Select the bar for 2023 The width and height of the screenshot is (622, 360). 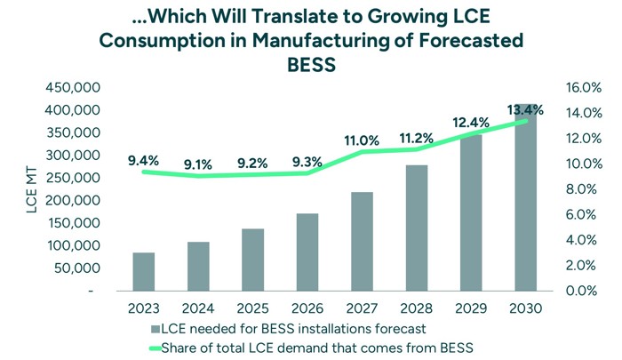coord(144,271)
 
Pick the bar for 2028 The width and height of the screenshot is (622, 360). coord(416,228)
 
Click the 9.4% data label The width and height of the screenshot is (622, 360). coord(143,161)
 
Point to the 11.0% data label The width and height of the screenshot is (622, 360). coord(362,140)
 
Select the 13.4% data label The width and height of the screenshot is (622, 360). coord(525,110)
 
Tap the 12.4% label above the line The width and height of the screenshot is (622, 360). coord(471,122)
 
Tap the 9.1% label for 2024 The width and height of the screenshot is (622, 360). coord(198,164)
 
